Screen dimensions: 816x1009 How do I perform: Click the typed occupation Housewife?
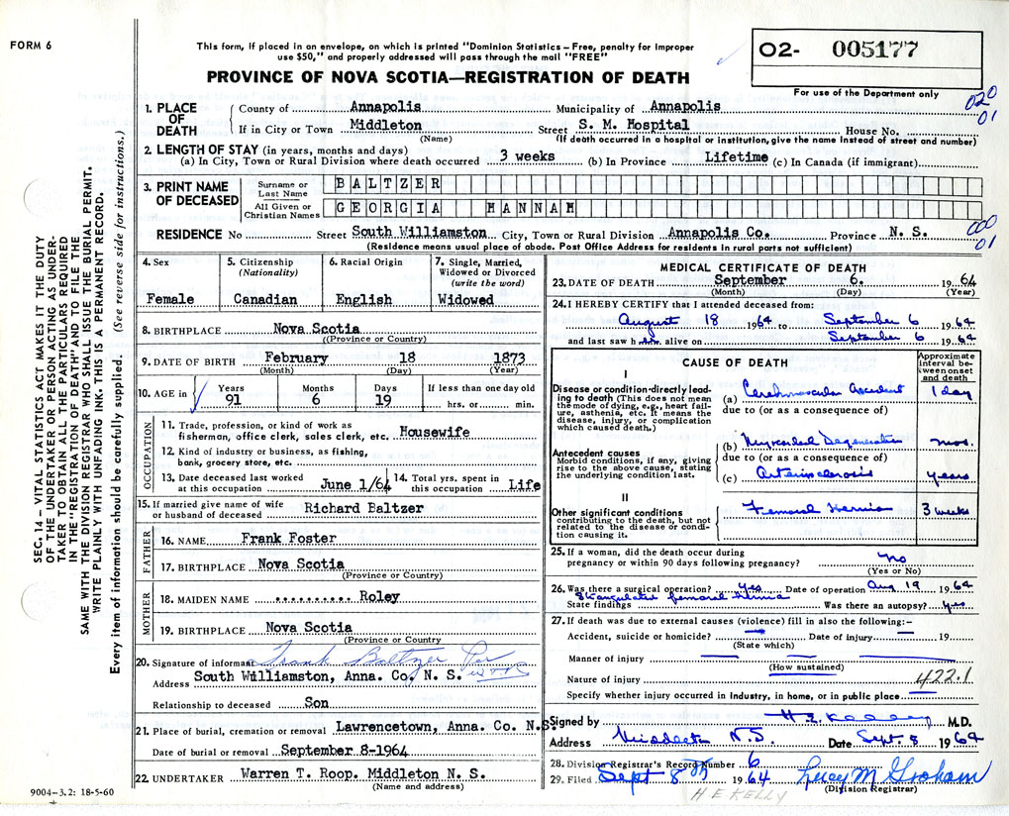point(434,432)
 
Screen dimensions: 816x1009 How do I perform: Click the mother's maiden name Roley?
point(379,596)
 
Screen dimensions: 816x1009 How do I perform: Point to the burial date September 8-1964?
point(327,752)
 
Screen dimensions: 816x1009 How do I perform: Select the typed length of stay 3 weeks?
point(527,156)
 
